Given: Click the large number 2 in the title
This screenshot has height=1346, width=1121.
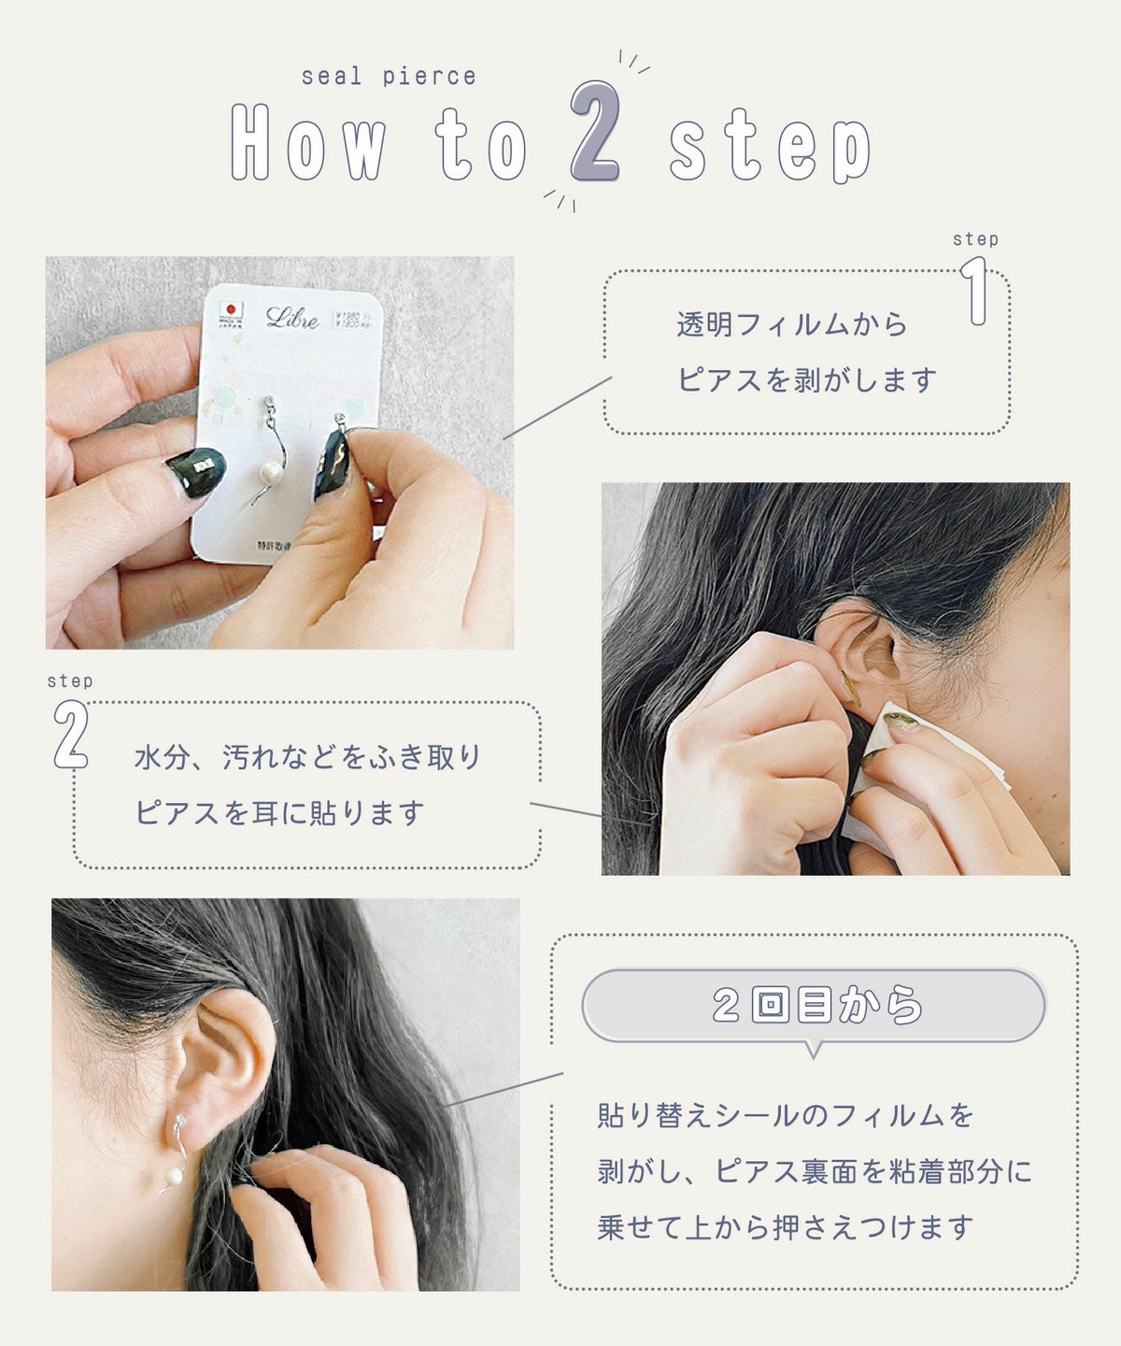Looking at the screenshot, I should tap(595, 132).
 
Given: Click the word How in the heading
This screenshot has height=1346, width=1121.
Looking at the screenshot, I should tap(308, 142).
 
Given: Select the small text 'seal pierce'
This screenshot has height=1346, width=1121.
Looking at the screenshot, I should tap(389, 77).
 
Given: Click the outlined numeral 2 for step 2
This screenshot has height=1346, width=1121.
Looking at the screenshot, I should tap(71, 735).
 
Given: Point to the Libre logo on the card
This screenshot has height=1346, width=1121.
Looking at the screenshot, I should tap(291, 318).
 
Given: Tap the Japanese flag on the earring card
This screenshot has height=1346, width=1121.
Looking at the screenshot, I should tap(230, 309).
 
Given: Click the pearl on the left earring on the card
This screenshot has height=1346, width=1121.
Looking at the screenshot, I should tap(271, 471).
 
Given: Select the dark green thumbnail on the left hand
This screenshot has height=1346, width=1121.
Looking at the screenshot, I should tap(196, 472).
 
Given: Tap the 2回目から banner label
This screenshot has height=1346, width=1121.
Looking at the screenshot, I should tap(815, 1006).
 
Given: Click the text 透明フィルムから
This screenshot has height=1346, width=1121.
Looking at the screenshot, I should tap(792, 325).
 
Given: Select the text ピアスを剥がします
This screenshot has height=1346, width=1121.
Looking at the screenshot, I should tap(807, 380).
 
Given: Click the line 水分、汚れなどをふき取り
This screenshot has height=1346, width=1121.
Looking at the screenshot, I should tap(307, 757).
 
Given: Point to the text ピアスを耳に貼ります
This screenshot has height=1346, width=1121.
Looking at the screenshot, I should tap(280, 813).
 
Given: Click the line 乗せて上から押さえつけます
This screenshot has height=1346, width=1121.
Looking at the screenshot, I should tap(785, 1227).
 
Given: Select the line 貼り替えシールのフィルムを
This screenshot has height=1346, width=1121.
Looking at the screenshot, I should tap(785, 1115).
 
